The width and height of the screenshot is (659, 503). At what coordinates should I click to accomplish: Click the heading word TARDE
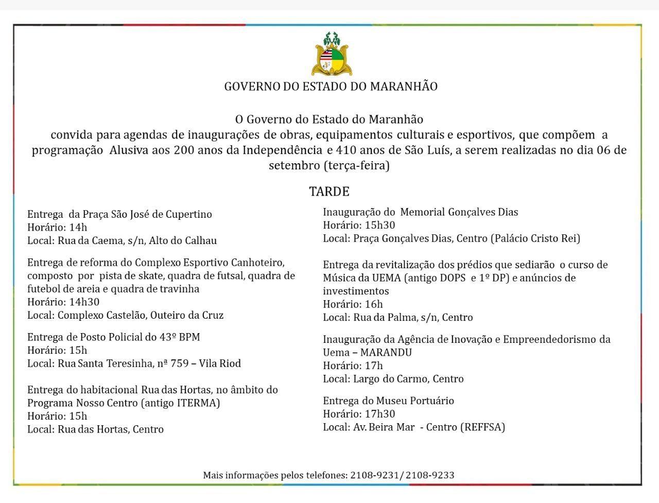329,192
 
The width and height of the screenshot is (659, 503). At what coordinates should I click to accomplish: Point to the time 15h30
378,225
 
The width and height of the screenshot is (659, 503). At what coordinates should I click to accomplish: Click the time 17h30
378,414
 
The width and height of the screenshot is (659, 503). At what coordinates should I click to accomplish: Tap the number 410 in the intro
345,151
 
